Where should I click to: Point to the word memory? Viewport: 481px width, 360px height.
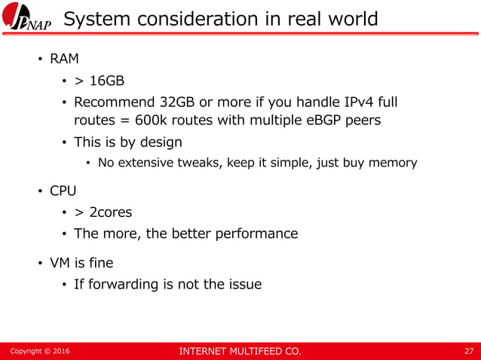391,163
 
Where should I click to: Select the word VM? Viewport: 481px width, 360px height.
59,263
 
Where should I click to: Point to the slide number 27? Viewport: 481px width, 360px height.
469,350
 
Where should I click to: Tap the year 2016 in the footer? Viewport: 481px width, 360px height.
60,350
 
